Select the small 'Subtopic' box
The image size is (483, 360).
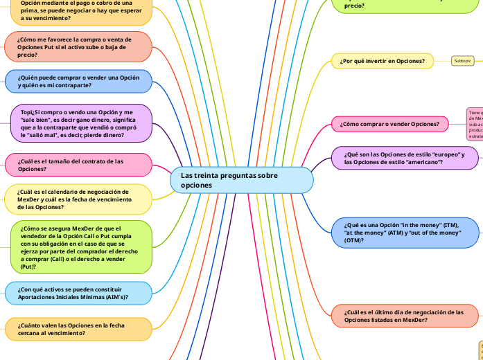coord(462,61)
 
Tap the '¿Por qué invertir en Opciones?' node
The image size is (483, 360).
coord(383,61)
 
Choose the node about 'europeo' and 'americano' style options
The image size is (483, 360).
coord(405,157)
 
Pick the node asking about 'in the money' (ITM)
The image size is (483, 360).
coord(405,233)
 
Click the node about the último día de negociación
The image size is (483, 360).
coord(405,316)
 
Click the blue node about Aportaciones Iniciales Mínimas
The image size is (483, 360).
coord(78,293)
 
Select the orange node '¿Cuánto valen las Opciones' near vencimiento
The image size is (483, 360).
coord(78,329)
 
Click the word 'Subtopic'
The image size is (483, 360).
coord(462,61)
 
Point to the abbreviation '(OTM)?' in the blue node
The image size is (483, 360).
coord(355,240)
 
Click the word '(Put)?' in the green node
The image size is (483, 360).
coord(28,267)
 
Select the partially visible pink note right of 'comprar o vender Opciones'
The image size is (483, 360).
coord(475,124)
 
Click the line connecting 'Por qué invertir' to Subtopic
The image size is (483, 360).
coord(442,61)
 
